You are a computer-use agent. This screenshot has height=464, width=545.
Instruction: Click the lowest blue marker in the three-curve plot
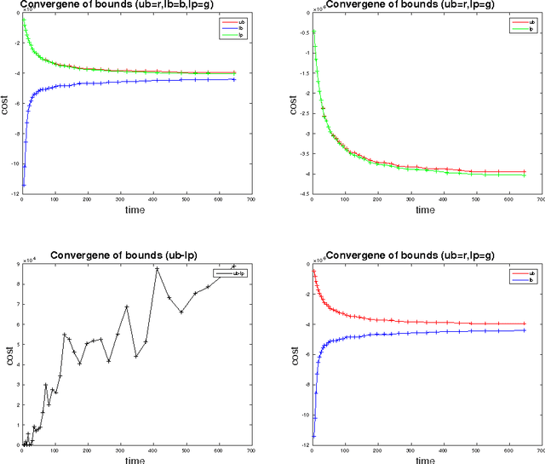coord(23,184)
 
